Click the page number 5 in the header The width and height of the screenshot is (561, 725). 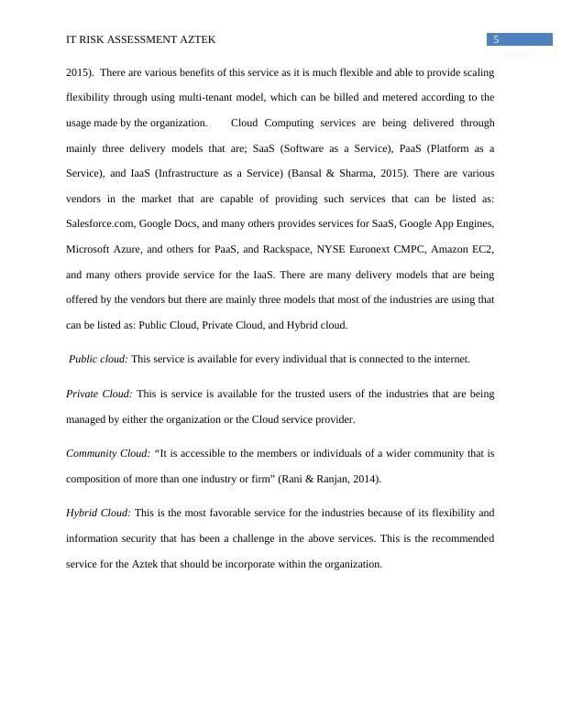pyautogui.click(x=496, y=39)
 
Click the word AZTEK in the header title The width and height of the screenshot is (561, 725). pyautogui.click(x=196, y=40)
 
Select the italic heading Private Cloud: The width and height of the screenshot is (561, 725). pyautogui.click(x=99, y=394)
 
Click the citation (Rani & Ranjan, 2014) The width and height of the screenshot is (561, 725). pyautogui.click(x=327, y=479)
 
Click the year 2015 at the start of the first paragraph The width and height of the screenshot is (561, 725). pyautogui.click(x=80, y=71)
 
